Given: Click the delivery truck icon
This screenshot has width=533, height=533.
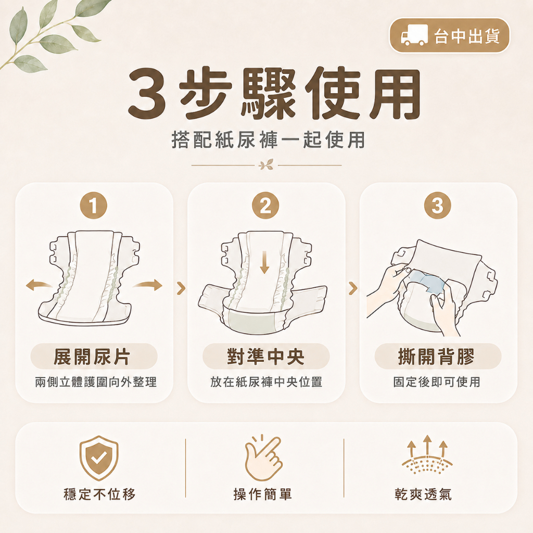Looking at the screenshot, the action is click(x=414, y=35).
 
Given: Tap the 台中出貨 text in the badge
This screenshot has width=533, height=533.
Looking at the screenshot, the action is click(x=467, y=36).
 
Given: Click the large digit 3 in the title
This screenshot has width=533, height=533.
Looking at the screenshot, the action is click(x=147, y=92).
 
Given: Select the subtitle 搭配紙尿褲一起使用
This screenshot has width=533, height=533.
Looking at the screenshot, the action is click(x=268, y=139).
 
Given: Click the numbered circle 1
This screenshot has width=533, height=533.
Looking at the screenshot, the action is click(x=94, y=205).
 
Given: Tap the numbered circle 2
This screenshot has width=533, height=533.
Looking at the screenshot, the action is click(x=265, y=205).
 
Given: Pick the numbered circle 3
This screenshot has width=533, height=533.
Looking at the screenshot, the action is click(x=438, y=205).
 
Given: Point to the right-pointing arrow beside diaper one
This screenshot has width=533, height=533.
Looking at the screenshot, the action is click(x=148, y=285).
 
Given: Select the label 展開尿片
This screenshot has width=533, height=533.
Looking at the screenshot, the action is click(x=92, y=357).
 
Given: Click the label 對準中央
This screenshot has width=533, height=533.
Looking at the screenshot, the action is click(x=266, y=357).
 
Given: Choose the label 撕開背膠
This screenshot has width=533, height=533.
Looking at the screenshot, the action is click(x=437, y=357).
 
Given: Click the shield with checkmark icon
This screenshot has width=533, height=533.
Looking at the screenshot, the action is click(x=99, y=458).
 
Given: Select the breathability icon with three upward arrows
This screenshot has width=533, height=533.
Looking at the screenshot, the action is click(x=427, y=454).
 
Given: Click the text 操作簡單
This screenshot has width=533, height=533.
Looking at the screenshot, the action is click(x=263, y=494).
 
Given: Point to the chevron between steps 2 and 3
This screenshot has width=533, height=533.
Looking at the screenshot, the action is click(x=353, y=288).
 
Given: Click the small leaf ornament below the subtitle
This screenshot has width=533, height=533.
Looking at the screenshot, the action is click(x=266, y=165).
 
